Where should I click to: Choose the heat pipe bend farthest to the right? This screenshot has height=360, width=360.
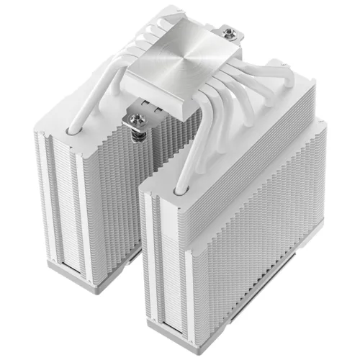248,94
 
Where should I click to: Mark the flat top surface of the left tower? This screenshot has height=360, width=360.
79,122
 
